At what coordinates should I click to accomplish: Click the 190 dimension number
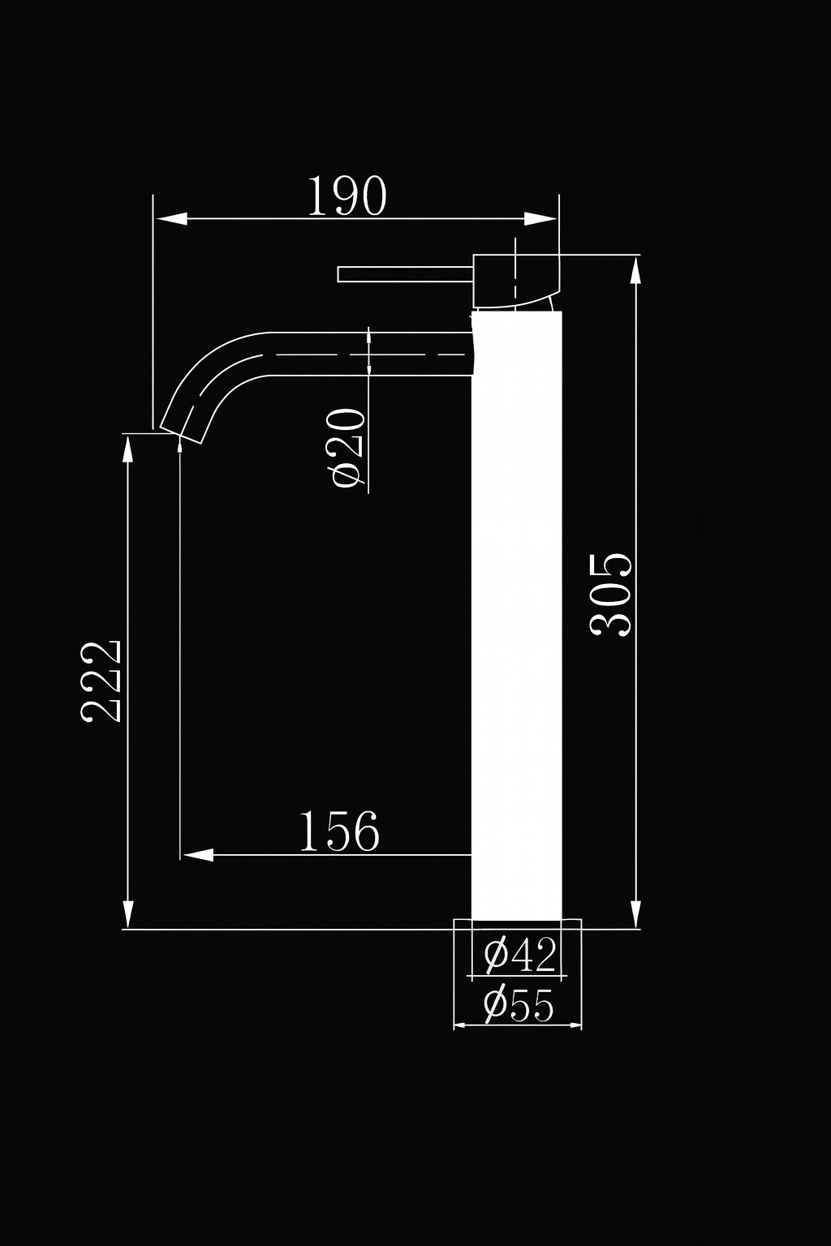[x=347, y=196]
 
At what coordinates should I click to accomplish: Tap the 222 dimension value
[x=101, y=681]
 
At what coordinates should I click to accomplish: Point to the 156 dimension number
[x=339, y=831]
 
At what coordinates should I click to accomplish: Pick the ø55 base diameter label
[x=519, y=1006]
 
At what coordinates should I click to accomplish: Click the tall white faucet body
[x=516, y=617]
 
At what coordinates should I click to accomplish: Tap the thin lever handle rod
[x=405, y=274]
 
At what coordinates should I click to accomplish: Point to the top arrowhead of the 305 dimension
[x=636, y=270]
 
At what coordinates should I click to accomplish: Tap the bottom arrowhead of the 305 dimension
[x=636, y=912]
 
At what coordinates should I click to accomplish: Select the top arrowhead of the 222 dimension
[x=127, y=449]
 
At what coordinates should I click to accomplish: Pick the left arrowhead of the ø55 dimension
[x=460, y=1026]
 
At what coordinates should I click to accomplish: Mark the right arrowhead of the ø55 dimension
[x=575, y=1026]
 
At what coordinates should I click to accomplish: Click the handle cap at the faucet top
[x=516, y=281]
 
